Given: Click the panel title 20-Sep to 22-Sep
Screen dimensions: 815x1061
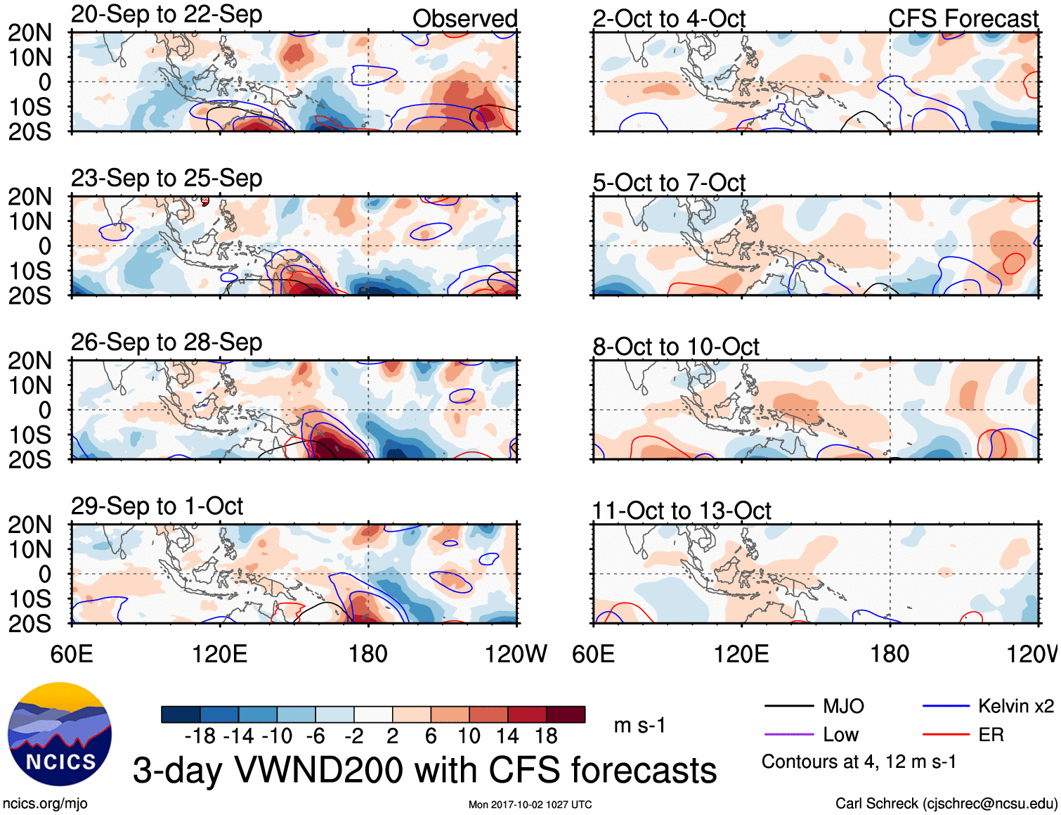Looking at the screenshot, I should [x=167, y=15].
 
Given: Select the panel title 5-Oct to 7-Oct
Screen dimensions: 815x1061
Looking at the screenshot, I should [x=668, y=183].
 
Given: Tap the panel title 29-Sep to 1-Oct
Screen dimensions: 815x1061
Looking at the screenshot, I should [x=157, y=506].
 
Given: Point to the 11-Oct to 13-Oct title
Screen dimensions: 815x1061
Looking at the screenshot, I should [x=682, y=511].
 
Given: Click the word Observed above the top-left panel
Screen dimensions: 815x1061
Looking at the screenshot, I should [x=464, y=19].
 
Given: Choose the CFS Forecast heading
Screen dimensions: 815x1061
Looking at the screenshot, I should [x=963, y=19].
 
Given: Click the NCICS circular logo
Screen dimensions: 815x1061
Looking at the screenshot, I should [x=60, y=734].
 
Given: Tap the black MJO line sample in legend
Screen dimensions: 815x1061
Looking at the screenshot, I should [x=788, y=706].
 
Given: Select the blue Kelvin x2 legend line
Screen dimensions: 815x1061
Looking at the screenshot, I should [x=946, y=706].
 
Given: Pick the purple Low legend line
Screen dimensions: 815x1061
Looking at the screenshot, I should [x=788, y=735].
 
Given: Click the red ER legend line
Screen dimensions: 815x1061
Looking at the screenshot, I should [x=946, y=735].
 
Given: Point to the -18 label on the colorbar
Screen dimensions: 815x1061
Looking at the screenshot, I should [x=200, y=736].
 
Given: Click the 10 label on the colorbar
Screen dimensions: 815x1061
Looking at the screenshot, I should [x=469, y=736].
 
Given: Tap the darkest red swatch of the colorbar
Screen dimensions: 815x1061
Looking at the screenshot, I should [x=566, y=714].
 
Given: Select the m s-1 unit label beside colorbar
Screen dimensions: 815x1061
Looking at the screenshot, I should [x=639, y=726].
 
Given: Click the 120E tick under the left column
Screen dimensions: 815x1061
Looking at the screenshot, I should [x=220, y=655].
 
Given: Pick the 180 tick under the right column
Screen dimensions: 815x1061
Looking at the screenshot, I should [x=890, y=655].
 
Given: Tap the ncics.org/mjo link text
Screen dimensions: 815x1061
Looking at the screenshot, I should [x=45, y=804].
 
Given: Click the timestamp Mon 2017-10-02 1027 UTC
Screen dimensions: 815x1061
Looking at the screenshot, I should [x=530, y=804].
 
